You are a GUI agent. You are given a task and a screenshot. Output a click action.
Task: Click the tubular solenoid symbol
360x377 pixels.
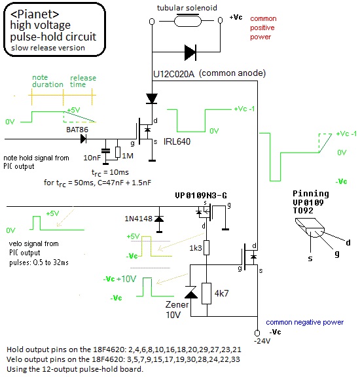tap(187, 20)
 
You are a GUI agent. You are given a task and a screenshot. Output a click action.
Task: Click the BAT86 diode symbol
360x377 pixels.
tap(83, 139)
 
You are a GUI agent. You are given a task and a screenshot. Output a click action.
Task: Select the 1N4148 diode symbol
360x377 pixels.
tap(159, 219)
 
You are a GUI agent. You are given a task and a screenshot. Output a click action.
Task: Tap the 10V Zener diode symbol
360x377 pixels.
tap(191, 292)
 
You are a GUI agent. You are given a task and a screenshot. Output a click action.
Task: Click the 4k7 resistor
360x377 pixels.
tap(207, 294)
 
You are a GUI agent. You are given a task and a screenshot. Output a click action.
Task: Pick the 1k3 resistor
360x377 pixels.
tap(207, 247)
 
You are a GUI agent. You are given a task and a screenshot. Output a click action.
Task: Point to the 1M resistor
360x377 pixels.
tap(118, 153)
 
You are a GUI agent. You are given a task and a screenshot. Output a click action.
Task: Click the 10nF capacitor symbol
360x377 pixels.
tap(105, 151)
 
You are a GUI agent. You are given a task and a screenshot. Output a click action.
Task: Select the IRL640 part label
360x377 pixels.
tap(177, 141)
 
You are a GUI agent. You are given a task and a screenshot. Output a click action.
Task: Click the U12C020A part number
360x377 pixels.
tap(173, 74)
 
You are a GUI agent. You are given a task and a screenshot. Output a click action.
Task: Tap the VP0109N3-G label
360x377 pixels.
tap(201, 196)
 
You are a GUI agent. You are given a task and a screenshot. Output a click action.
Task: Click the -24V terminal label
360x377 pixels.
tap(262, 341)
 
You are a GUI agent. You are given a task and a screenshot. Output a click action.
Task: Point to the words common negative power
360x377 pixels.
tap(304, 322)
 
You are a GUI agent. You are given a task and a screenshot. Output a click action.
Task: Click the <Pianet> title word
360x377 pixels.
tap(35, 14)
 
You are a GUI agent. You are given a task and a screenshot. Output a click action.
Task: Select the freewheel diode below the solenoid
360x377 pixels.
tap(190, 52)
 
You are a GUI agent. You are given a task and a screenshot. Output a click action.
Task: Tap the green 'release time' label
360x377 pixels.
tap(83, 81)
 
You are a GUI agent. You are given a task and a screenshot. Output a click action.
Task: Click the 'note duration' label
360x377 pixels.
tap(48, 81)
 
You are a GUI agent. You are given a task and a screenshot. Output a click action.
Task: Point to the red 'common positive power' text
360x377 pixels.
tap(263, 27)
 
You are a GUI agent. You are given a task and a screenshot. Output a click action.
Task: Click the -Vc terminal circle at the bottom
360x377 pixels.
tap(257, 332)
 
